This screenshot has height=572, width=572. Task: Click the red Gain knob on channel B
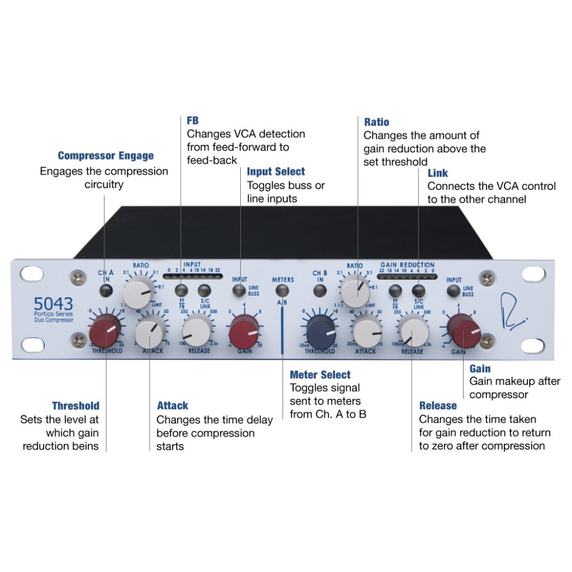pyautogui.click(x=467, y=330)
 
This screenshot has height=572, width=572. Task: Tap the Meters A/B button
pyautogui.click(x=283, y=290)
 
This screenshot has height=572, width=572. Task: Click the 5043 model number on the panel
pyautogui.click(x=53, y=304)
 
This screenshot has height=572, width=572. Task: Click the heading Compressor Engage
pyautogui.click(x=106, y=156)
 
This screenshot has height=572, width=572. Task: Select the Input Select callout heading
pyautogui.click(x=276, y=171)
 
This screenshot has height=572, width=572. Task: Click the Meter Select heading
pyautogui.click(x=320, y=375)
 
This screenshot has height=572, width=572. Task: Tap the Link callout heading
pyautogui.click(x=438, y=174)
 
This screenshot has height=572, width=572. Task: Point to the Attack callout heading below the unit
pyautogui.click(x=173, y=406)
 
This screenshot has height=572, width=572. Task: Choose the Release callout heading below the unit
pyautogui.click(x=438, y=406)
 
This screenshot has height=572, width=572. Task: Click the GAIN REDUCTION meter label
pyautogui.click(x=407, y=265)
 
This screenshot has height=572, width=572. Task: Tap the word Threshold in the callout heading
pyautogui.click(x=76, y=406)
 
